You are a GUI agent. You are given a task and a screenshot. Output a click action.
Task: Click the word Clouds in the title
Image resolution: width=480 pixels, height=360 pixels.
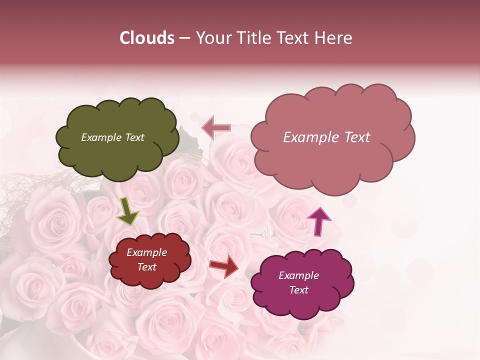147,38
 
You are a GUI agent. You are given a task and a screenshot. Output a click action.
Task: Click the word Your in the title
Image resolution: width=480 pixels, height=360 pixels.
212,38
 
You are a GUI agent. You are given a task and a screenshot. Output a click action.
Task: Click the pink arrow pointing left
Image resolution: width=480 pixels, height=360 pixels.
216,127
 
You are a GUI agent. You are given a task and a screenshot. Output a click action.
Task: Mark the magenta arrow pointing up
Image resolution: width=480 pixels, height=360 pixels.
318,220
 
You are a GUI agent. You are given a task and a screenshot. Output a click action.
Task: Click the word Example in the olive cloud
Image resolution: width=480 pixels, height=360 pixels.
101,137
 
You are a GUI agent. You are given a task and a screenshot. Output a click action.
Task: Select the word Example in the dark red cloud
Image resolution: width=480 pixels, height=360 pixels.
147,253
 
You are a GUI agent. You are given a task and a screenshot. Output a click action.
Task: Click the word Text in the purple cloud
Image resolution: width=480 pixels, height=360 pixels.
299,290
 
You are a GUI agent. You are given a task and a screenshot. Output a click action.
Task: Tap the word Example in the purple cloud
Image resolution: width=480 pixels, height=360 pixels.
299,275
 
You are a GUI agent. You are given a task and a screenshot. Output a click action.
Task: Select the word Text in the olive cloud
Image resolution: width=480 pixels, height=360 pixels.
134,137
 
